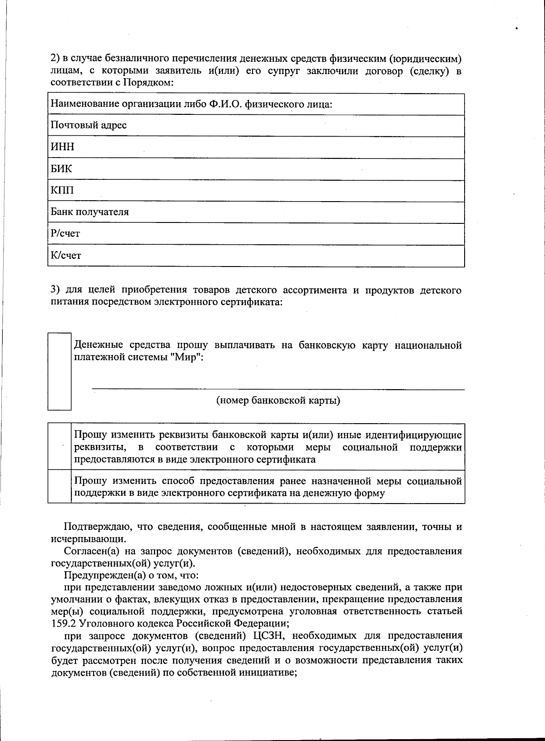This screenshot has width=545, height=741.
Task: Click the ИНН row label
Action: point(62,147)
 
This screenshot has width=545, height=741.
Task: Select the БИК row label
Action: point(61,168)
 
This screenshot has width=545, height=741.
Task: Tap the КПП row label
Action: point(62,190)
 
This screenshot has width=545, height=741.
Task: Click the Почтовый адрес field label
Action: point(89,125)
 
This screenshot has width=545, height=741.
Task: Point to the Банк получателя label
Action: point(89,212)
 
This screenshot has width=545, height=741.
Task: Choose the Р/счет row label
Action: point(65,233)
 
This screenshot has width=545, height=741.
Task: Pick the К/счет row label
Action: point(66,255)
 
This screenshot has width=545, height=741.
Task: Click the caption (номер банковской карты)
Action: point(278,400)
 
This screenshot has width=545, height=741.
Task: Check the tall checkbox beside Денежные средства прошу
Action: point(59,371)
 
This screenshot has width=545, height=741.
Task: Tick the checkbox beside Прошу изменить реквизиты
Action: point(59,447)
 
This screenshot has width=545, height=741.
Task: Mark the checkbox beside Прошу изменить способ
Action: point(59,487)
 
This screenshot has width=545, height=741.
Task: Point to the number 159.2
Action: point(61,623)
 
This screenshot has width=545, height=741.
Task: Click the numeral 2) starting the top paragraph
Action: point(55,59)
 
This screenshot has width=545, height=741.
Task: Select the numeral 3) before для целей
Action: point(55,290)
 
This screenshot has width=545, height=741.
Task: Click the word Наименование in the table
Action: point(83,104)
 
